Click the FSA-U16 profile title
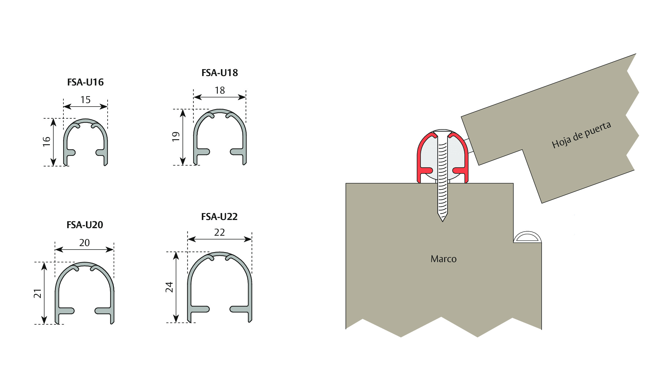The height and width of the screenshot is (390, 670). (x=85, y=82)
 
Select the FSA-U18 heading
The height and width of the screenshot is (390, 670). (x=220, y=73)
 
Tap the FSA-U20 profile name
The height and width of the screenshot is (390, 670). (x=85, y=225)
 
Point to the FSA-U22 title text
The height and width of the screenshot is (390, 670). (x=219, y=217)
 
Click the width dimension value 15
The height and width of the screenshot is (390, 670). (x=85, y=100)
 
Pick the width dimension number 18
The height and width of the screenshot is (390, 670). (x=220, y=91)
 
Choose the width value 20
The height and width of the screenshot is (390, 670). (x=84, y=243)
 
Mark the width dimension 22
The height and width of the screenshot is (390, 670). (x=219, y=233)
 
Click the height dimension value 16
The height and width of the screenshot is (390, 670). (x=46, y=141)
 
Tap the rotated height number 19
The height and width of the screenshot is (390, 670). (x=176, y=136)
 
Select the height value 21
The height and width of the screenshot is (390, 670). (x=37, y=294)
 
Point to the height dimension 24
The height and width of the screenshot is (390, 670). (x=169, y=287)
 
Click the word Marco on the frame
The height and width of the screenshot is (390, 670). (x=443, y=259)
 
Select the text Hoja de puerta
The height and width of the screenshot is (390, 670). (x=582, y=135)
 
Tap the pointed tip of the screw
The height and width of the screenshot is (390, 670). (x=442, y=221)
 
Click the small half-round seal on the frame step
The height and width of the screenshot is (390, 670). (x=528, y=237)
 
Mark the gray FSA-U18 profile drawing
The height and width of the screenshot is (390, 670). (x=195, y=138)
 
